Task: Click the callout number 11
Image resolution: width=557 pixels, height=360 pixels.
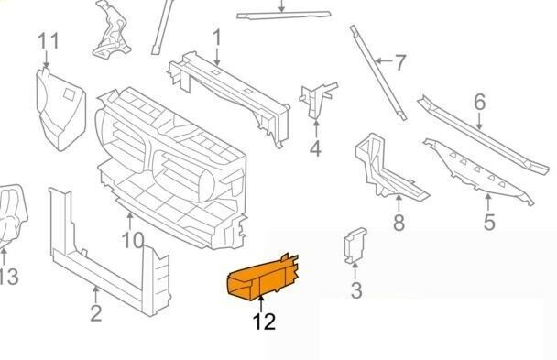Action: [48, 41]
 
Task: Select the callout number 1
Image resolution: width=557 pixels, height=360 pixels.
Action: [217, 38]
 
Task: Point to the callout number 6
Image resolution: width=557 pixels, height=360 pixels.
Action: [479, 102]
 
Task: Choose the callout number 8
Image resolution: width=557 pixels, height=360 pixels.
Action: [399, 223]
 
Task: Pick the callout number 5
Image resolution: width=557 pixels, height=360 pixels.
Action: [488, 221]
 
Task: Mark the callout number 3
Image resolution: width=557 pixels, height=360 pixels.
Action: [356, 291]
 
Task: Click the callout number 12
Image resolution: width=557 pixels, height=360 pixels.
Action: [264, 322]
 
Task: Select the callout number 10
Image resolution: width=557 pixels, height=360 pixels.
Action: [133, 240]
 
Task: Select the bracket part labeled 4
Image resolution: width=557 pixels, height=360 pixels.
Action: [315, 98]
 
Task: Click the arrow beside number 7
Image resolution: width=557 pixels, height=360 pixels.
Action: [383, 63]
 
